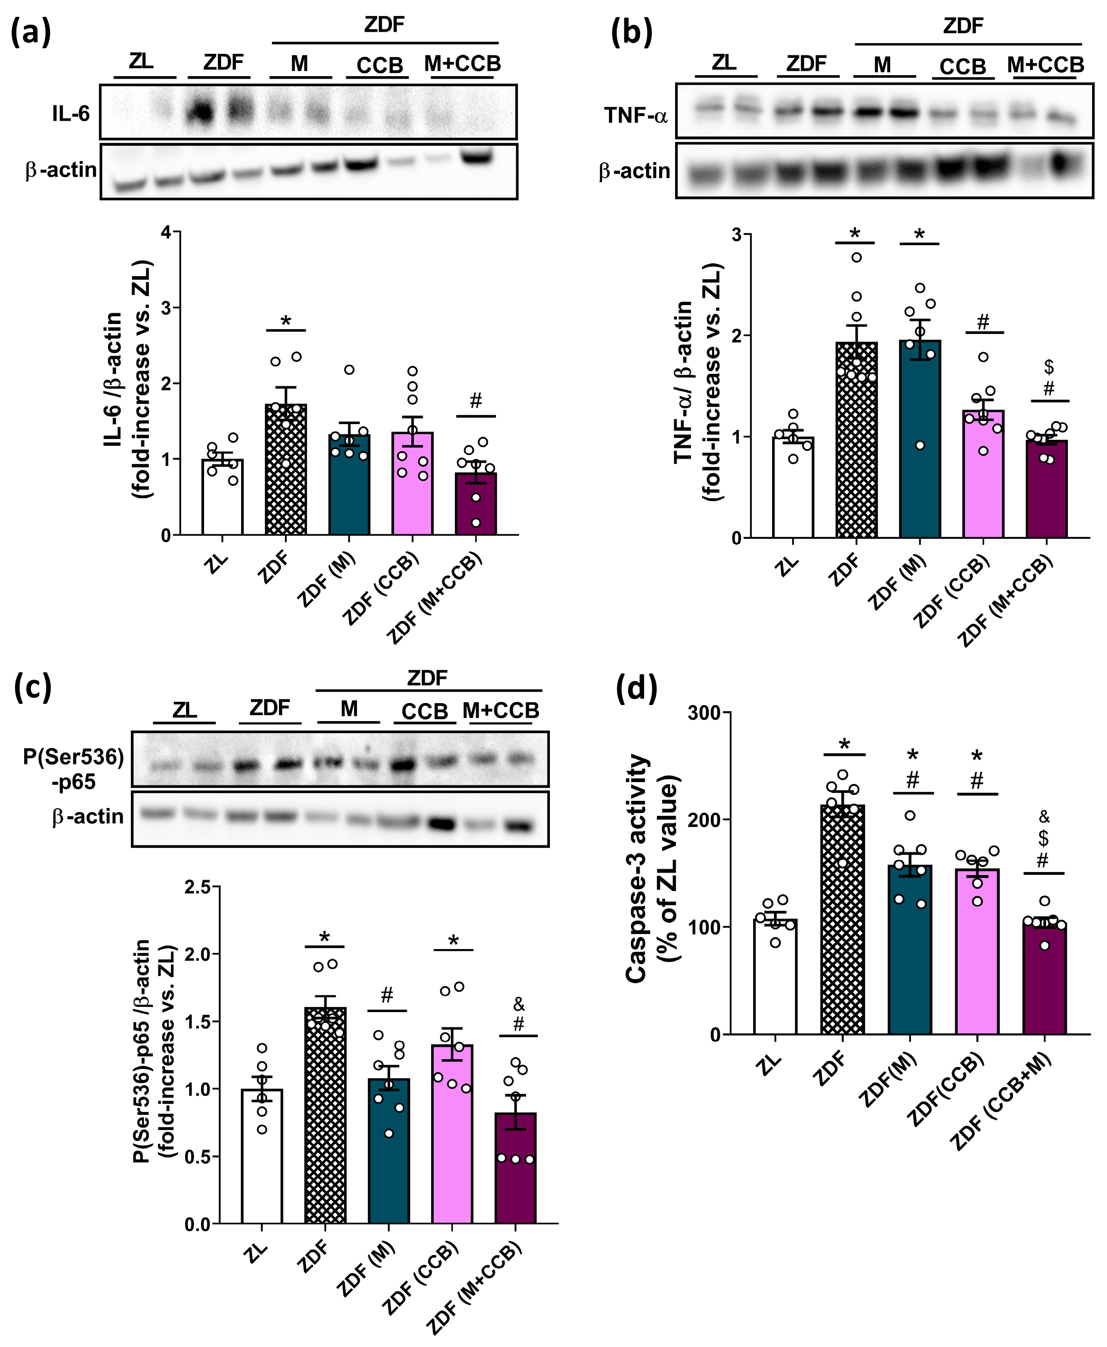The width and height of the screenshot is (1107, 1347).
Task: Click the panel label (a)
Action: [x=31, y=32]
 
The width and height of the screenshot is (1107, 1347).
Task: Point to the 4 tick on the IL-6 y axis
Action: [x=167, y=232]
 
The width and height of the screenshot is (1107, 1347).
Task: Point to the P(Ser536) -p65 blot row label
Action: [x=73, y=768]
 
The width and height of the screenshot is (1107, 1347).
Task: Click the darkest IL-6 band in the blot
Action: [x=202, y=113]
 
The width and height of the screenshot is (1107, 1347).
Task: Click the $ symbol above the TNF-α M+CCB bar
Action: [x=1048, y=367]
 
